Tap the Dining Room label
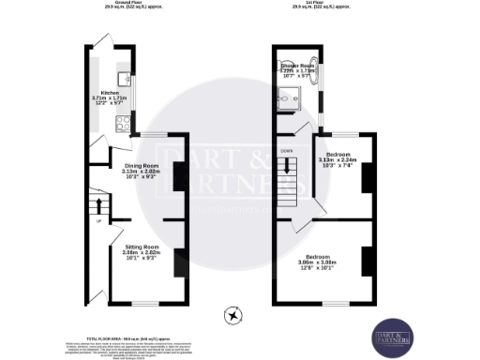[x=141, y=169]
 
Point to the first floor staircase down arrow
[x=287, y=166]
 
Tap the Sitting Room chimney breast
[x=177, y=262]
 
